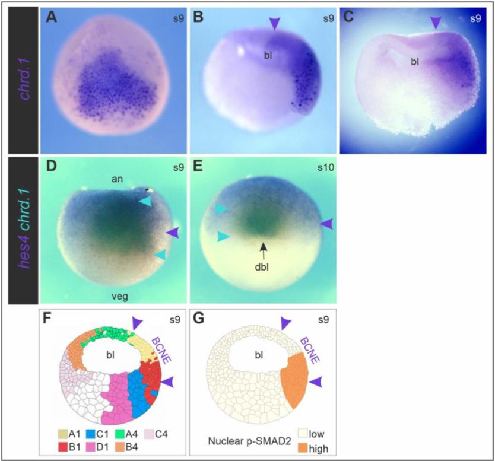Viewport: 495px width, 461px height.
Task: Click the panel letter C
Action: (x=348, y=17)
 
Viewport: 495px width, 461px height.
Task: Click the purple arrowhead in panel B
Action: (x=274, y=24)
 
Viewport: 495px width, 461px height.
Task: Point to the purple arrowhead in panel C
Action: (x=436, y=23)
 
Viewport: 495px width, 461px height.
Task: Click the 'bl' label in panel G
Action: (x=259, y=355)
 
